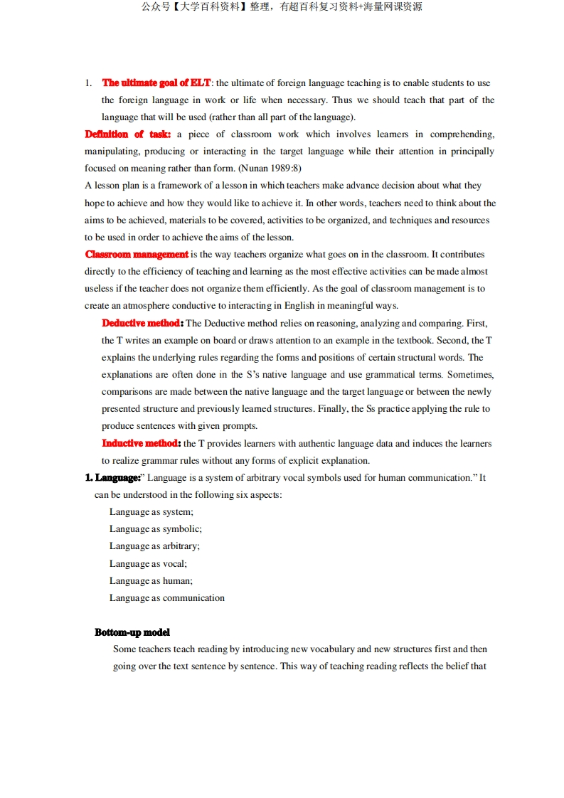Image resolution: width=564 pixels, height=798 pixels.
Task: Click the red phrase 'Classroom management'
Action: click(137, 255)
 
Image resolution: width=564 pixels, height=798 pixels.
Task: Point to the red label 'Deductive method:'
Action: click(142, 323)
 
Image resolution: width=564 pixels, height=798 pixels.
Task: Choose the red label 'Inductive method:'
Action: click(142, 443)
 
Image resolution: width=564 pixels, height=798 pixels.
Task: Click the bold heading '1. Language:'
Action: click(112, 478)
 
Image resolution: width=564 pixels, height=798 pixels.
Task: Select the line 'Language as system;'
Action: click(151, 512)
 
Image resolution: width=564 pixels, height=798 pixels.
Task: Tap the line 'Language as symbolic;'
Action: click(155, 529)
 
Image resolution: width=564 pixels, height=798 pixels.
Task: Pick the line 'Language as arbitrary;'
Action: click(154, 546)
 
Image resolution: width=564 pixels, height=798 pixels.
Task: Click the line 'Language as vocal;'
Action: click(148, 564)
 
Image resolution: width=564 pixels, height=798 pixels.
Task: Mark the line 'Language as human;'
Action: click(151, 581)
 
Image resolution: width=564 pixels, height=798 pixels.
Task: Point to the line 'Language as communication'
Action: click(166, 598)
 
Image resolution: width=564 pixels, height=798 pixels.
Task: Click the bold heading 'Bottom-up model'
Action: click(132, 632)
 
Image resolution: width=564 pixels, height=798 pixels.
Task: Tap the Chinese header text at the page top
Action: click(282, 7)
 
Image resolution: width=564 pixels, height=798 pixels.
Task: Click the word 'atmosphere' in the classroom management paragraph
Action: click(139, 306)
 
